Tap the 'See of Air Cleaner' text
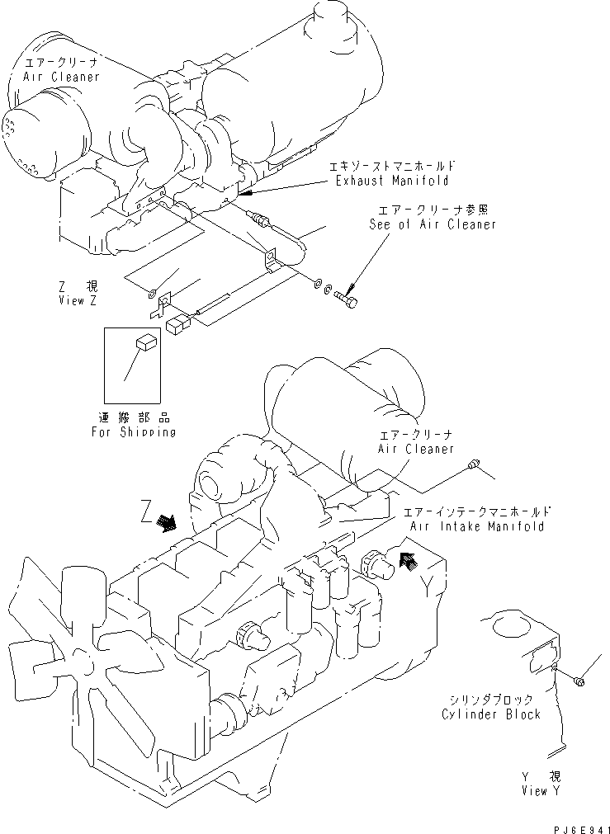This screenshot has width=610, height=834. pos(433,224)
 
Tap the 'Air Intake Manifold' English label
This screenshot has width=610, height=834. pos(476,526)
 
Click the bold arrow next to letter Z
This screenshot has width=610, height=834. pos(168,523)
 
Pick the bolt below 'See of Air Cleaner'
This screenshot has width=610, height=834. pos(349,296)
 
